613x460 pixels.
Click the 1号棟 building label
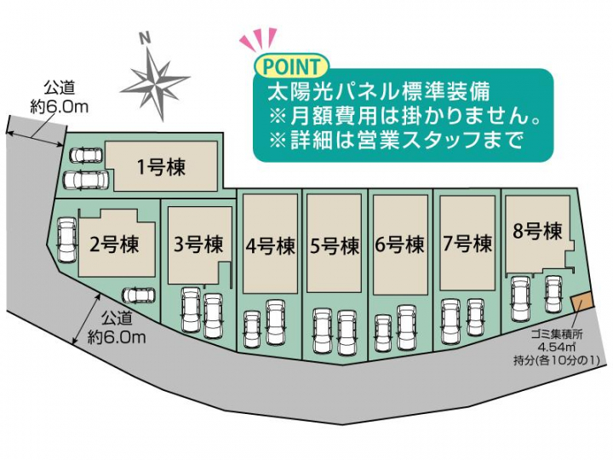161,168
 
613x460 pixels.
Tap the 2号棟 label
114,244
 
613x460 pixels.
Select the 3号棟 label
198,244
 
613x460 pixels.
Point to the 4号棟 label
270,246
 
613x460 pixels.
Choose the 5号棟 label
335,246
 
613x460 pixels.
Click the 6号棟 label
399,244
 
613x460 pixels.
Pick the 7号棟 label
467,244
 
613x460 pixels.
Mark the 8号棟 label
537,231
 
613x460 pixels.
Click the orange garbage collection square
582,302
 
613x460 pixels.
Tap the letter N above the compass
146,38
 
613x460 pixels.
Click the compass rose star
155,83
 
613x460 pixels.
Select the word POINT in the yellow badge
292,66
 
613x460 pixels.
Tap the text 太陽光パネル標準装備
378,92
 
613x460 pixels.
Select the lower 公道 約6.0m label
117,328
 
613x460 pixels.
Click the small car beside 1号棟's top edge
86,155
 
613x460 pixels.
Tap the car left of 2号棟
67,239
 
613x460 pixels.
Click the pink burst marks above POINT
259,40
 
